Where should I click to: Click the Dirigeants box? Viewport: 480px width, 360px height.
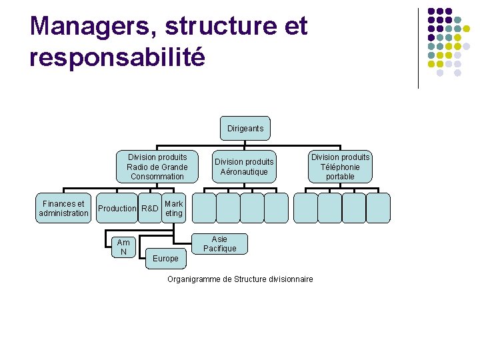[x=245, y=128]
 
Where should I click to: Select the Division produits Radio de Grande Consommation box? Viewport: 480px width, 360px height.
[x=157, y=167]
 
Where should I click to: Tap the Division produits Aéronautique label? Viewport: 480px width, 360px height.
[x=244, y=167]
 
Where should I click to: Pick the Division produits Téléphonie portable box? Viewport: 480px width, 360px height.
[x=340, y=167]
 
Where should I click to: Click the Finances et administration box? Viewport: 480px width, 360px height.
[x=63, y=208]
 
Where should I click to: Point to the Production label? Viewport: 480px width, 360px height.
[x=117, y=209]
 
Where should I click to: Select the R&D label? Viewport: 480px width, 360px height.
[x=150, y=209]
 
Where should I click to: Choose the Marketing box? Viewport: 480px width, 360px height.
[x=173, y=208]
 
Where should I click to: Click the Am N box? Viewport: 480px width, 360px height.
[x=123, y=247]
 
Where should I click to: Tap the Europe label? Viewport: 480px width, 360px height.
[x=165, y=258]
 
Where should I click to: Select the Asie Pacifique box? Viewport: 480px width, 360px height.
[x=219, y=243]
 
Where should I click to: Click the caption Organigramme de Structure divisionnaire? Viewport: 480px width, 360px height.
[x=240, y=279]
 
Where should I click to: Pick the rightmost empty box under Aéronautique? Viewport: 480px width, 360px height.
[x=276, y=207]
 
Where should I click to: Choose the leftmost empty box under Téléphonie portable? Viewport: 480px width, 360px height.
[x=306, y=207]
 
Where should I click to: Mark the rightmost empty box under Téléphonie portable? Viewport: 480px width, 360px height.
[x=378, y=207]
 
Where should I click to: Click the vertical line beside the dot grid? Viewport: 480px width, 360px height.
[x=418, y=48]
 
